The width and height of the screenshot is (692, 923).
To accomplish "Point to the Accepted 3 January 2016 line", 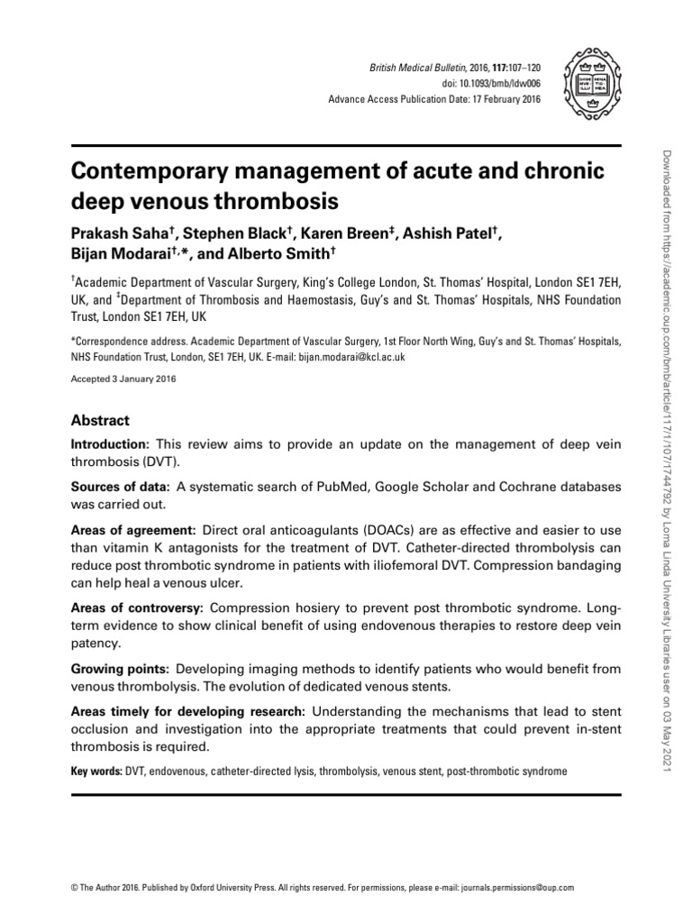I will click(x=123, y=379).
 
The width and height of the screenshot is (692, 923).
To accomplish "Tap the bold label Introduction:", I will click(x=109, y=444).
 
